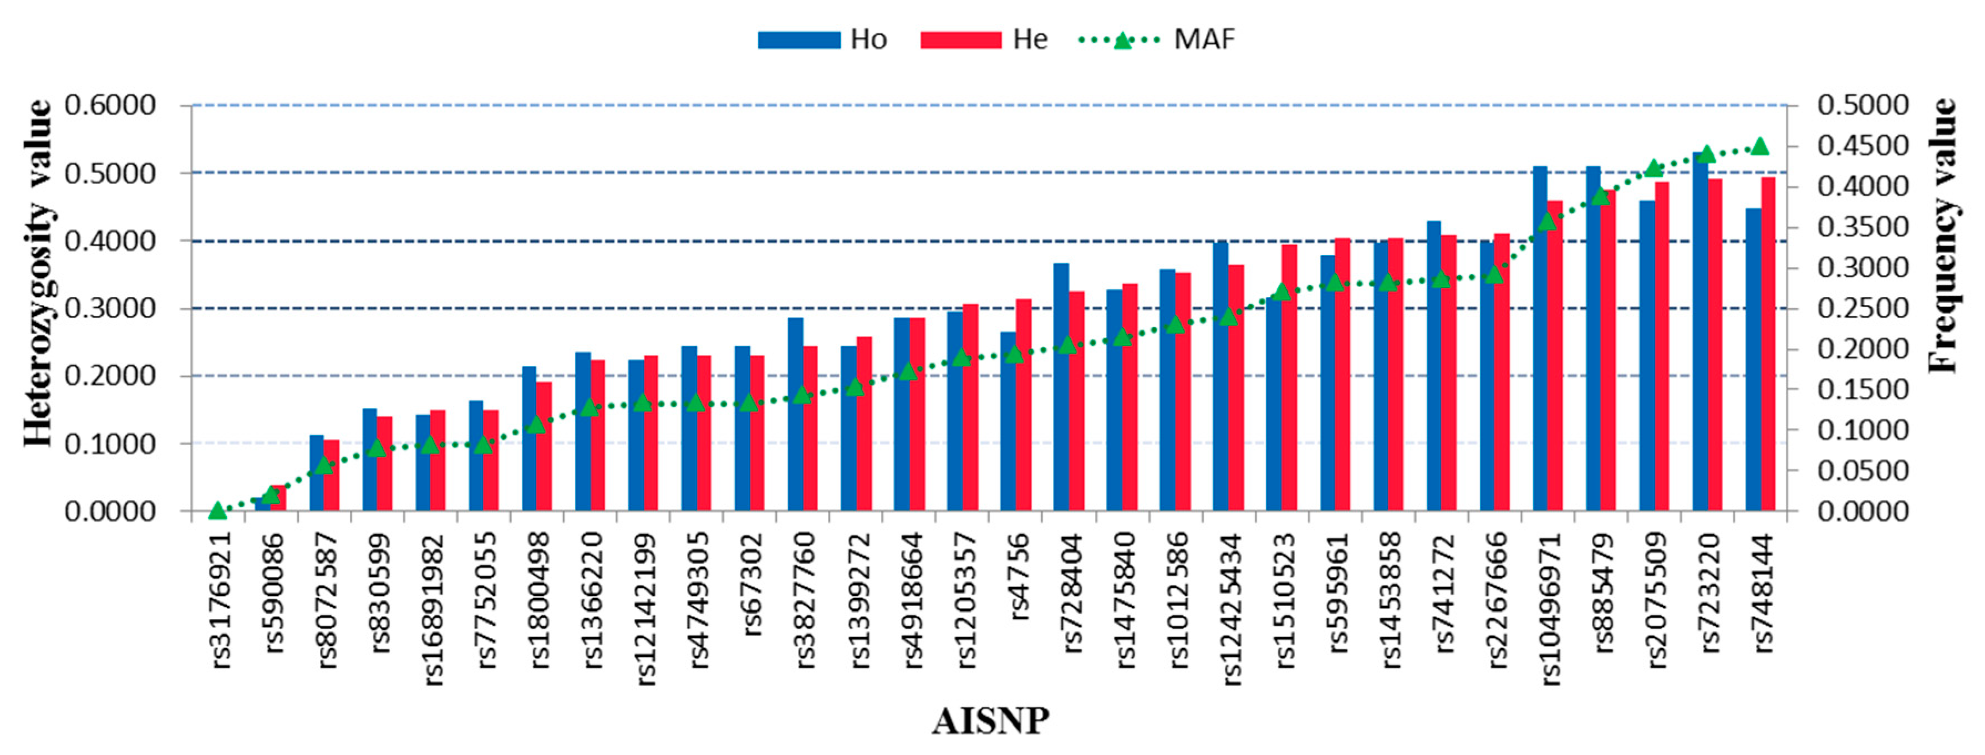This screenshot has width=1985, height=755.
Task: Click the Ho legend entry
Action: pos(822,39)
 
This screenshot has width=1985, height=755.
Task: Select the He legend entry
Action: pos(984,39)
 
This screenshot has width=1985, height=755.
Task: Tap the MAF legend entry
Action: pos(1156,39)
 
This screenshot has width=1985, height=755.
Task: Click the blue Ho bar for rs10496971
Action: pos(1540,339)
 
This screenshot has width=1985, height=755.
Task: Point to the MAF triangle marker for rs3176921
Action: pos(217,510)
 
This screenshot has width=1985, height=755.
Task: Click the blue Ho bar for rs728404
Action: pos(1061,387)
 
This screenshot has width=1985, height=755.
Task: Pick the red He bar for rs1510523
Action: pos(1289,377)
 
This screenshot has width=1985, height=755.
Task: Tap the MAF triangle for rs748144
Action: pos(1760,146)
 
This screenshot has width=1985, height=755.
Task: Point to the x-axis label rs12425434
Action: pos(1231,609)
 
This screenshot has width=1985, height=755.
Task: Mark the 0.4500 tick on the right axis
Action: pos(1862,146)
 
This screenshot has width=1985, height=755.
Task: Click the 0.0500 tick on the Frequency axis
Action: pos(1862,471)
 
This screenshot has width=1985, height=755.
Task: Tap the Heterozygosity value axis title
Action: pos(37,273)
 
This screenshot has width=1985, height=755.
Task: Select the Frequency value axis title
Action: pos(1943,235)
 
